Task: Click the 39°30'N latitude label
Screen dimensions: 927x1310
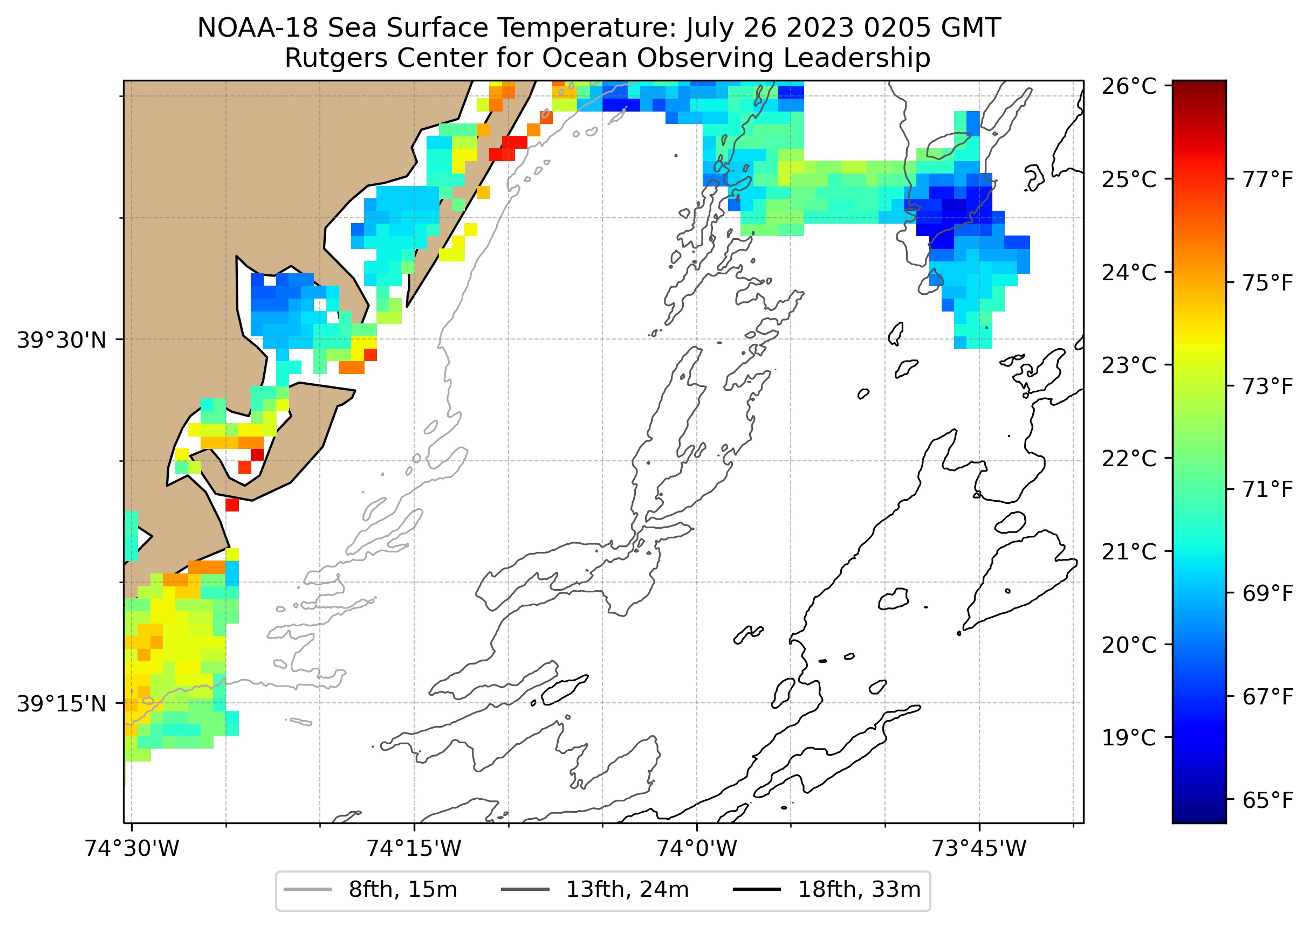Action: click(x=61, y=340)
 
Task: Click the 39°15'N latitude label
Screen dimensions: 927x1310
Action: click(x=61, y=704)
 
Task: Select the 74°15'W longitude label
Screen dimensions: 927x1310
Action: click(x=414, y=848)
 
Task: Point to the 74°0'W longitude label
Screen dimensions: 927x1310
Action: click(x=696, y=848)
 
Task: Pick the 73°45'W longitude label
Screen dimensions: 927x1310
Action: click(x=979, y=848)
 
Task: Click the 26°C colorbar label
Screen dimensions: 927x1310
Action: click(x=1128, y=87)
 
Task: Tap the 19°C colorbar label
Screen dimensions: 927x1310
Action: click(x=1128, y=737)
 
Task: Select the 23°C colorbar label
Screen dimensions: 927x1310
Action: click(x=1128, y=365)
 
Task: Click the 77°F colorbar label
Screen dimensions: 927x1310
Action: click(x=1267, y=179)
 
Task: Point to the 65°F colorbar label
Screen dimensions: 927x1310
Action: click(x=1267, y=800)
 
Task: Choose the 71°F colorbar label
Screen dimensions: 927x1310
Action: click(x=1267, y=489)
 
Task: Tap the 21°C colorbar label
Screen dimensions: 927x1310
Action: click(x=1128, y=551)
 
